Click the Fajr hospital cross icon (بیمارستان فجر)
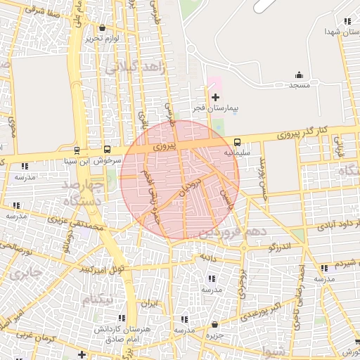tap(215, 96)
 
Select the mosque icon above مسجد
tap(300, 75)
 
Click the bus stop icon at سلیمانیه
tap(237, 141)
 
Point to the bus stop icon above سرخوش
tap(107, 149)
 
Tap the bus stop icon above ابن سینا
tap(77, 149)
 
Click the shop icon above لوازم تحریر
tap(103, 28)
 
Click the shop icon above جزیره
tap(214, 324)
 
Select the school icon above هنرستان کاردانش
tap(124, 319)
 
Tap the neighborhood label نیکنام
tap(97, 300)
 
